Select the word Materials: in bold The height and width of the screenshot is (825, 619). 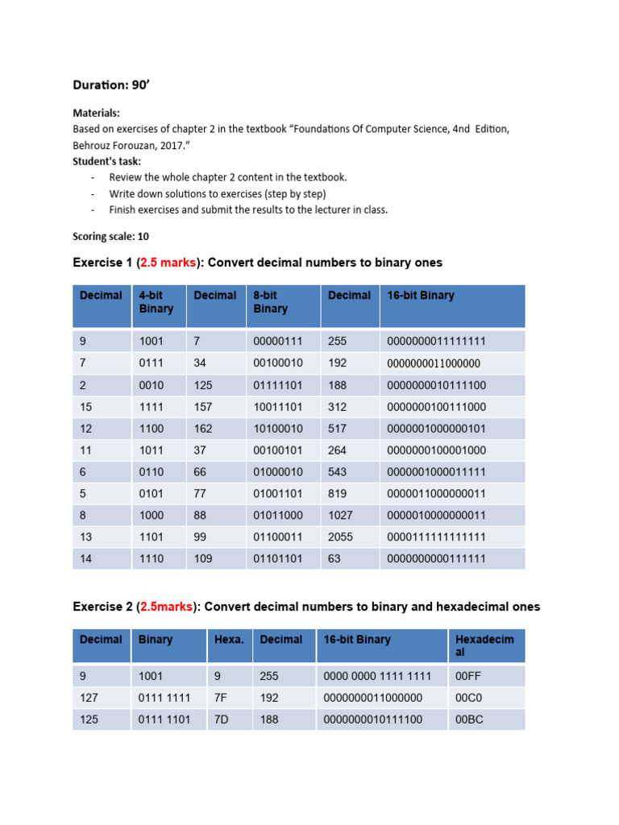click(96, 114)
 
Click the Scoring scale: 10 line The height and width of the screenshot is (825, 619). click(110, 237)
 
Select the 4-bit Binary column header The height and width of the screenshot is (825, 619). click(156, 302)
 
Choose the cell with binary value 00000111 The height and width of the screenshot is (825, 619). click(276, 342)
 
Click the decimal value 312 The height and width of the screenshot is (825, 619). click(339, 407)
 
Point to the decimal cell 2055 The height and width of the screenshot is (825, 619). click(342, 537)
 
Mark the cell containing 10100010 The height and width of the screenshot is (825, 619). click(276, 429)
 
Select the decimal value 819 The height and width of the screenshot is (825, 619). click(339, 494)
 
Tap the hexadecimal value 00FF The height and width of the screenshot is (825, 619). click(469, 676)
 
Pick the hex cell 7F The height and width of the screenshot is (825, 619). click(221, 698)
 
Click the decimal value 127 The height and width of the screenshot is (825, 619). click(89, 698)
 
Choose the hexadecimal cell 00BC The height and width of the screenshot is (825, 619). click(469, 719)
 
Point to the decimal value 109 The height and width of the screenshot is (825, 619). click(203, 559)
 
